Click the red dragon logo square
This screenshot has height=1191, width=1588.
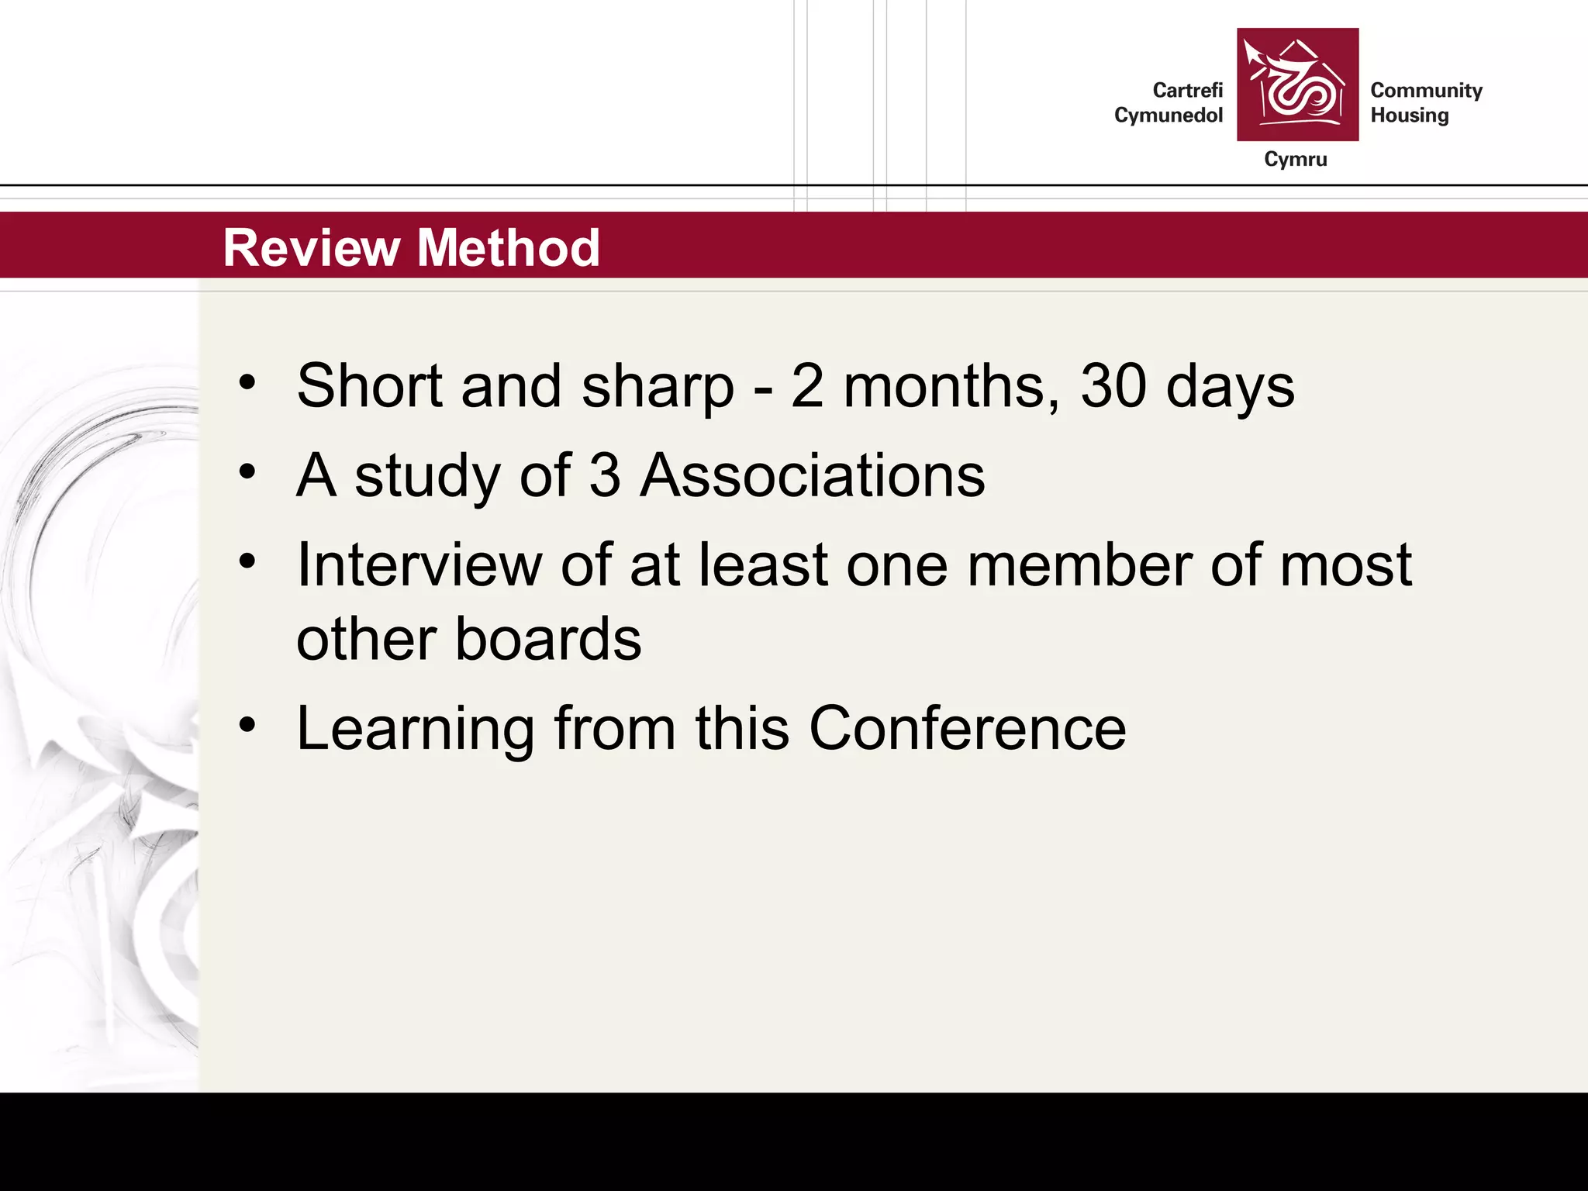pyautogui.click(x=1297, y=85)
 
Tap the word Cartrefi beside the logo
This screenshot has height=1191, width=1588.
pyautogui.click(x=1187, y=91)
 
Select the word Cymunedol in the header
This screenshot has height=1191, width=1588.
pyautogui.click(x=1168, y=116)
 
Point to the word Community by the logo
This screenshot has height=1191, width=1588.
pyautogui.click(x=1426, y=91)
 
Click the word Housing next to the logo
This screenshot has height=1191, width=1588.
pyautogui.click(x=1409, y=116)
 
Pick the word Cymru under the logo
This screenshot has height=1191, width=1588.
pyautogui.click(x=1295, y=159)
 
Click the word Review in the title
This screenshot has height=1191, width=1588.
pyautogui.click(x=310, y=248)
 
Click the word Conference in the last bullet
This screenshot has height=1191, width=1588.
pyautogui.click(x=967, y=728)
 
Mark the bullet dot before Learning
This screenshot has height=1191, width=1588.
pyautogui.click(x=247, y=726)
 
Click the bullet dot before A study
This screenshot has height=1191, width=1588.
pyautogui.click(x=247, y=471)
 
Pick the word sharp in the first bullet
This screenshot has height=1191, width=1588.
pyautogui.click(x=657, y=388)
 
